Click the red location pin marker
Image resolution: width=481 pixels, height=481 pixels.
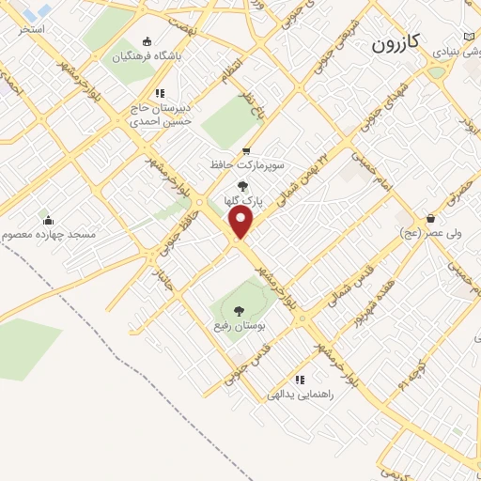point(242,223)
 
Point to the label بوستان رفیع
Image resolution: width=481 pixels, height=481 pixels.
point(234,324)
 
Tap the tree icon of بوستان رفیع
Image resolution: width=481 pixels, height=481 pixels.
point(237,309)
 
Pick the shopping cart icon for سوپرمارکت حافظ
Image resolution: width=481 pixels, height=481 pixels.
point(246,151)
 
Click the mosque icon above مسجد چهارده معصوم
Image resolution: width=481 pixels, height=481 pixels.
point(48,220)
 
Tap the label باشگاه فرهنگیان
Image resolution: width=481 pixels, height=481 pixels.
point(147,55)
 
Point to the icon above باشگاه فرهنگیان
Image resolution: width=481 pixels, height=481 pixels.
point(146,41)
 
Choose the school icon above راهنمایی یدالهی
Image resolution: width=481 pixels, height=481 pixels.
point(300,380)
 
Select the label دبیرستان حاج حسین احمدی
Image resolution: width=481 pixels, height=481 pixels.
point(161,115)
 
